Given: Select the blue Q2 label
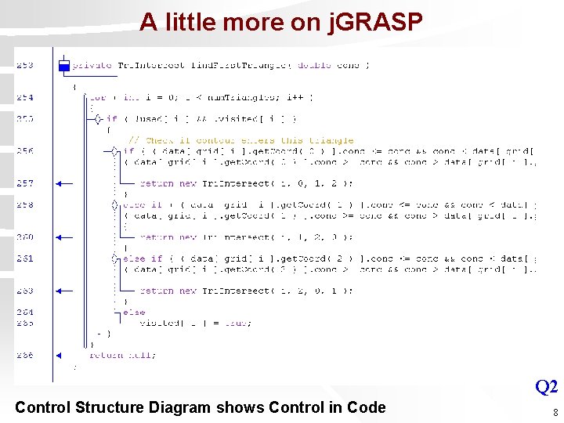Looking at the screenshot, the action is (546, 386).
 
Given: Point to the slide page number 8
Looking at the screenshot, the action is (555, 412).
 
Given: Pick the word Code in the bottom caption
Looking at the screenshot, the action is (367, 407).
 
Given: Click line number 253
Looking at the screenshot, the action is (24, 65).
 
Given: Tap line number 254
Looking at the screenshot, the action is (24, 98).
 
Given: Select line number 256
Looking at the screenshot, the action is (24, 151).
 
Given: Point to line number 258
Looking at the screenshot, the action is (24, 204).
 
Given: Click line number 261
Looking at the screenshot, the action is (24, 258).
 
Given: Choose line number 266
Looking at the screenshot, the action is (24, 355).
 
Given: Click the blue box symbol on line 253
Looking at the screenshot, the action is (64, 66).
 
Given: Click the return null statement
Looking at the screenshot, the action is (122, 355).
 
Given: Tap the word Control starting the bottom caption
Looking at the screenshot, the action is (45, 407).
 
